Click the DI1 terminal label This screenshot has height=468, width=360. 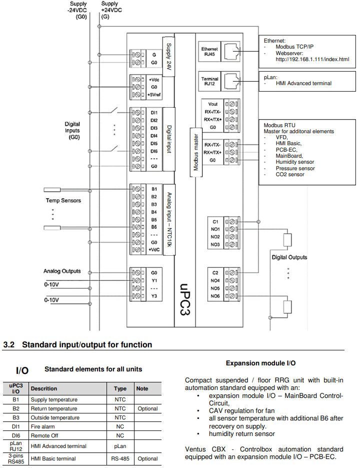click(154, 113)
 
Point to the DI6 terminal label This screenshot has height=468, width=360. click(154, 151)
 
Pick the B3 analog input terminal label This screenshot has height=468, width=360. click(154, 204)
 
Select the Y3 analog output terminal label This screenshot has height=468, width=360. click(154, 296)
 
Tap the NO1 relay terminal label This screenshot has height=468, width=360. click(215, 229)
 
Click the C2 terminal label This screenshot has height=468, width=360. click(215, 273)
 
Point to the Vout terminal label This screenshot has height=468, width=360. click(213, 105)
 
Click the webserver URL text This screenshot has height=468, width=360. click(312, 59)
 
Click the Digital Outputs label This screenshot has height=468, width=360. click(289, 257)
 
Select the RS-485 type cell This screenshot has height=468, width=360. click(120, 458)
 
